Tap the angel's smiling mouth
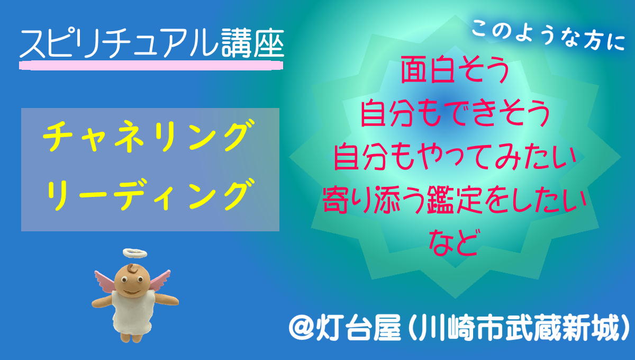point(131,291)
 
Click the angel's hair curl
point(132,268)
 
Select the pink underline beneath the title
point(151,65)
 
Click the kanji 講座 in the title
point(252,43)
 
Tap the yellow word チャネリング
point(149,136)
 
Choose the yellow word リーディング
point(149,195)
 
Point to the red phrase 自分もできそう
point(455,113)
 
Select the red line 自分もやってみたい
point(455,157)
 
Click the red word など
point(455,243)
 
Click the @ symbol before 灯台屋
point(301,329)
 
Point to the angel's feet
point(131,337)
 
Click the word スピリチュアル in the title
point(120,43)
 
